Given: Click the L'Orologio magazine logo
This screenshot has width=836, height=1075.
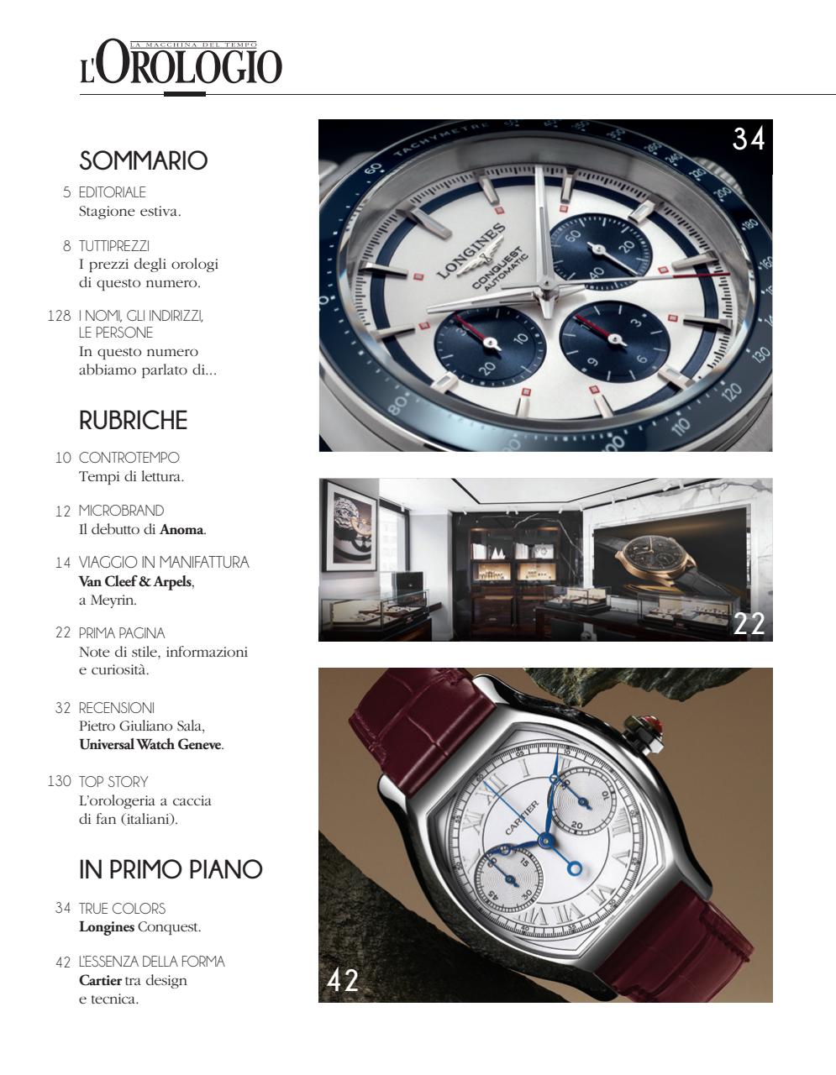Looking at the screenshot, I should click(181, 64).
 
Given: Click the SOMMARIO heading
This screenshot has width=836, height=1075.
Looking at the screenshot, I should click(143, 160).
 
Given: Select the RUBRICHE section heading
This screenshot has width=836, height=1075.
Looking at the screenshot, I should click(133, 420).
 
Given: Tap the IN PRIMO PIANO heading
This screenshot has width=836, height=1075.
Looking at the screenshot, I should click(171, 869).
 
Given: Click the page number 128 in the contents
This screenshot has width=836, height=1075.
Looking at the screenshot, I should click(59, 316).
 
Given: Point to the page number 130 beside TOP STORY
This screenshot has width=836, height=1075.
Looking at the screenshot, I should click(59, 781).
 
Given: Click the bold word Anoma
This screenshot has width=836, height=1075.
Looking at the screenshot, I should click(181, 529).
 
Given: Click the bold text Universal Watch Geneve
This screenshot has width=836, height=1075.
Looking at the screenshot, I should click(150, 744).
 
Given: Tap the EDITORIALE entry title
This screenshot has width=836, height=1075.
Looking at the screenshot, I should click(112, 192).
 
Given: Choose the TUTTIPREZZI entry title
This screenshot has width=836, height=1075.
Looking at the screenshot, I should click(113, 246).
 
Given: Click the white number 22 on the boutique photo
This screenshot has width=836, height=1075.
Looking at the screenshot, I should click(749, 624).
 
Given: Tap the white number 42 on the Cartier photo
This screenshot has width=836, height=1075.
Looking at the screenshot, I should click(343, 979).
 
